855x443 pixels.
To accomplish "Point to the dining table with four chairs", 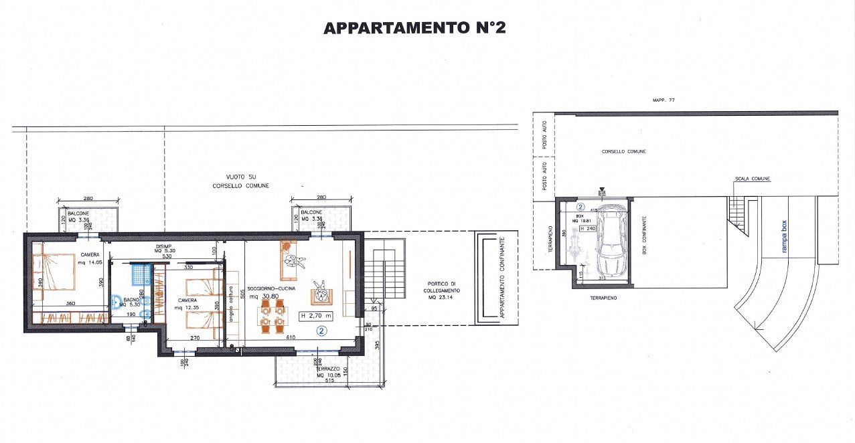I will tap(273, 316).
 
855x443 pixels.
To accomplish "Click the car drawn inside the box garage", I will tap(611, 240).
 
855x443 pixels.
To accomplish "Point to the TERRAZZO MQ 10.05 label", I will tap(329, 372).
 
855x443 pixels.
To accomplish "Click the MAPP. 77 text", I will tap(662, 100).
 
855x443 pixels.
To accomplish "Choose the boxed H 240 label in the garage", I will tap(587, 228).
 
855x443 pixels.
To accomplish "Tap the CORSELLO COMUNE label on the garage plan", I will tap(623, 152).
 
